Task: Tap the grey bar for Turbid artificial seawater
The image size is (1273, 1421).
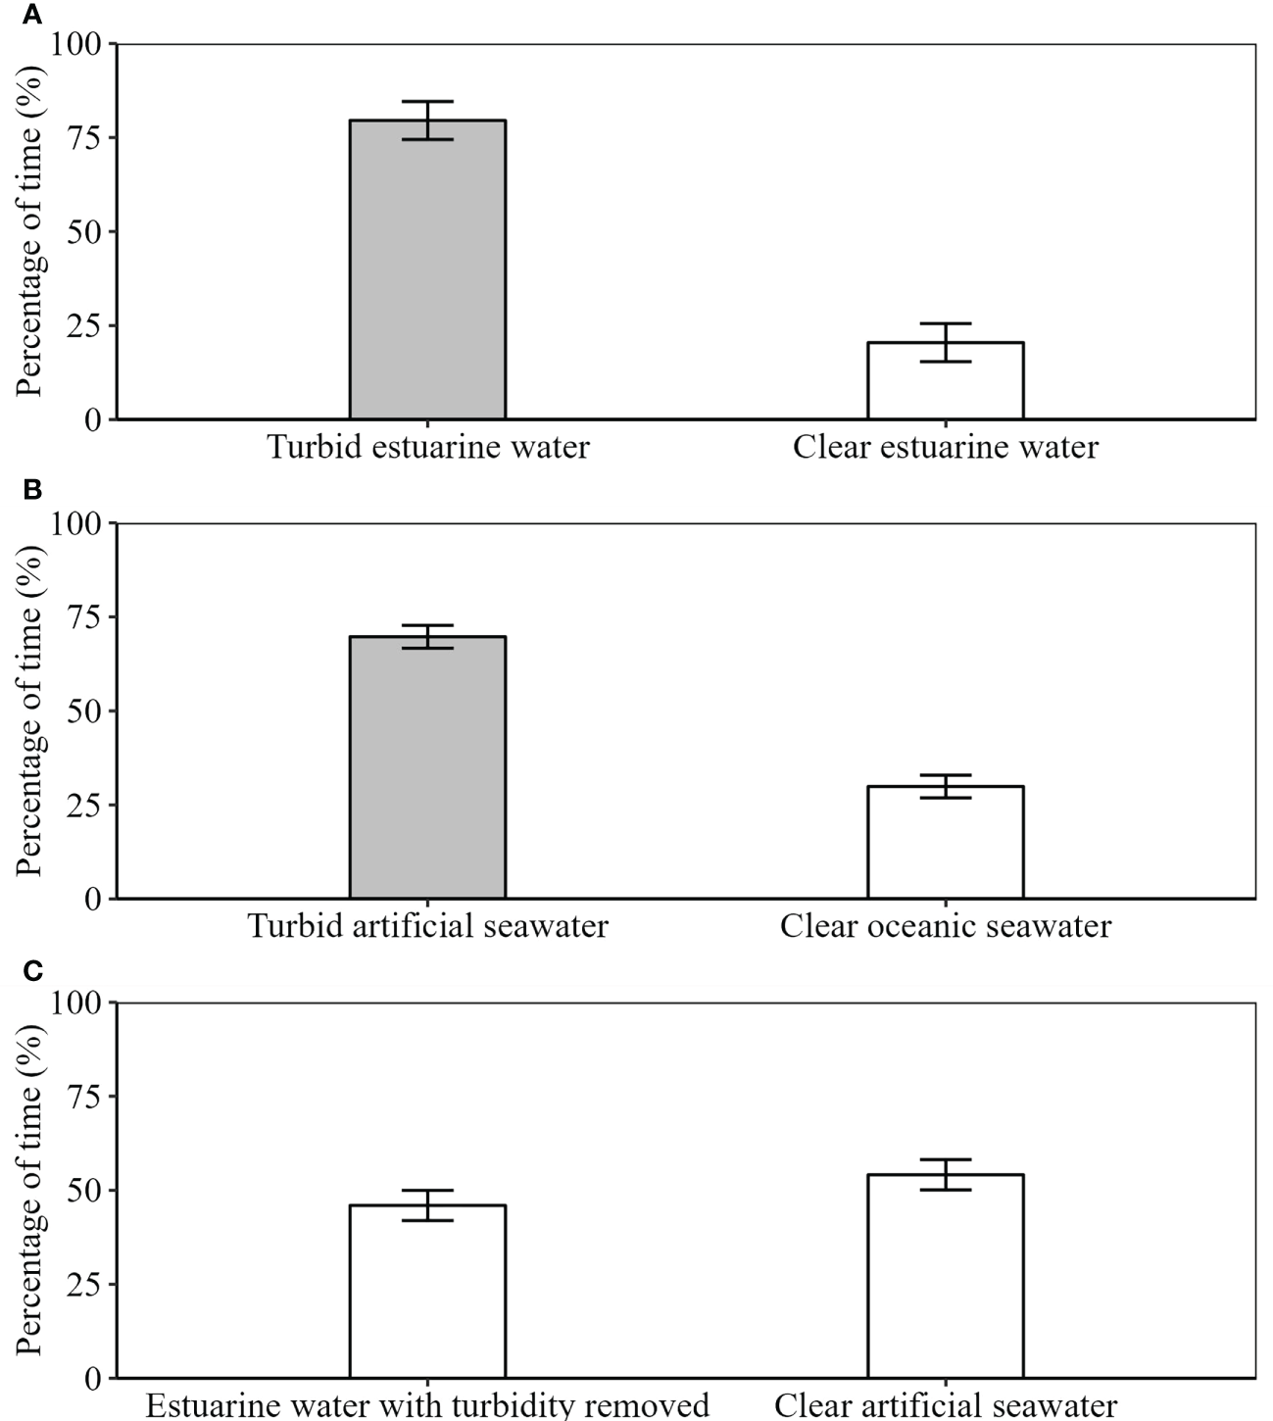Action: click(427, 774)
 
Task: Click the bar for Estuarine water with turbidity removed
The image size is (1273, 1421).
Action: click(427, 1294)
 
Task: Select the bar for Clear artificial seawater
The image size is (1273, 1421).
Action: click(945, 1279)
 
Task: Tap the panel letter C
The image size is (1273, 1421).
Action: click(32, 970)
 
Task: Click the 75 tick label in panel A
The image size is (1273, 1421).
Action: click(86, 137)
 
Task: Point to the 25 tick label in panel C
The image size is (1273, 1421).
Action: click(86, 1285)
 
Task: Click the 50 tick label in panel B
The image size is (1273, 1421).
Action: click(86, 710)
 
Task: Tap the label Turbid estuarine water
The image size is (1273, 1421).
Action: click(428, 448)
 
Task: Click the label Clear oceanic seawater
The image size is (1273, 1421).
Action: click(945, 926)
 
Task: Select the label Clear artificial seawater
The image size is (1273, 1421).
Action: click(945, 1405)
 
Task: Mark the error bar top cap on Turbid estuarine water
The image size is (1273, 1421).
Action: click(427, 102)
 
